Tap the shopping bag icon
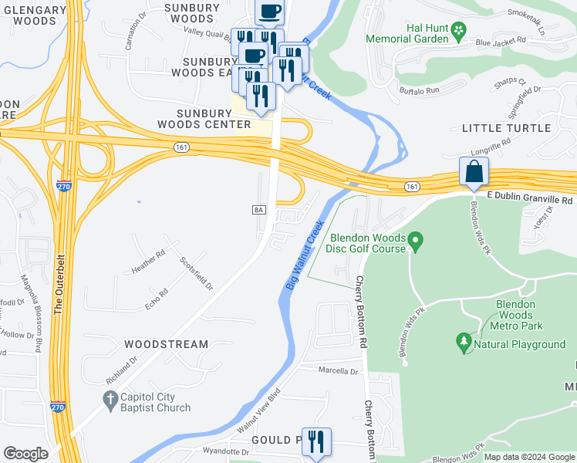click(473, 171)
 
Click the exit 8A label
click(258, 209)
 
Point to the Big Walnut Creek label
click(303, 255)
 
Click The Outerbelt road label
click(59, 281)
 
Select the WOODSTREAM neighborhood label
click(167, 344)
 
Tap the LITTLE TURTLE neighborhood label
click(506, 128)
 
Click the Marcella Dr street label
click(339, 371)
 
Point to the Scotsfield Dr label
click(197, 273)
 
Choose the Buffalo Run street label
click(419, 90)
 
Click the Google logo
click(25, 453)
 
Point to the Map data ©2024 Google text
click(530, 457)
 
